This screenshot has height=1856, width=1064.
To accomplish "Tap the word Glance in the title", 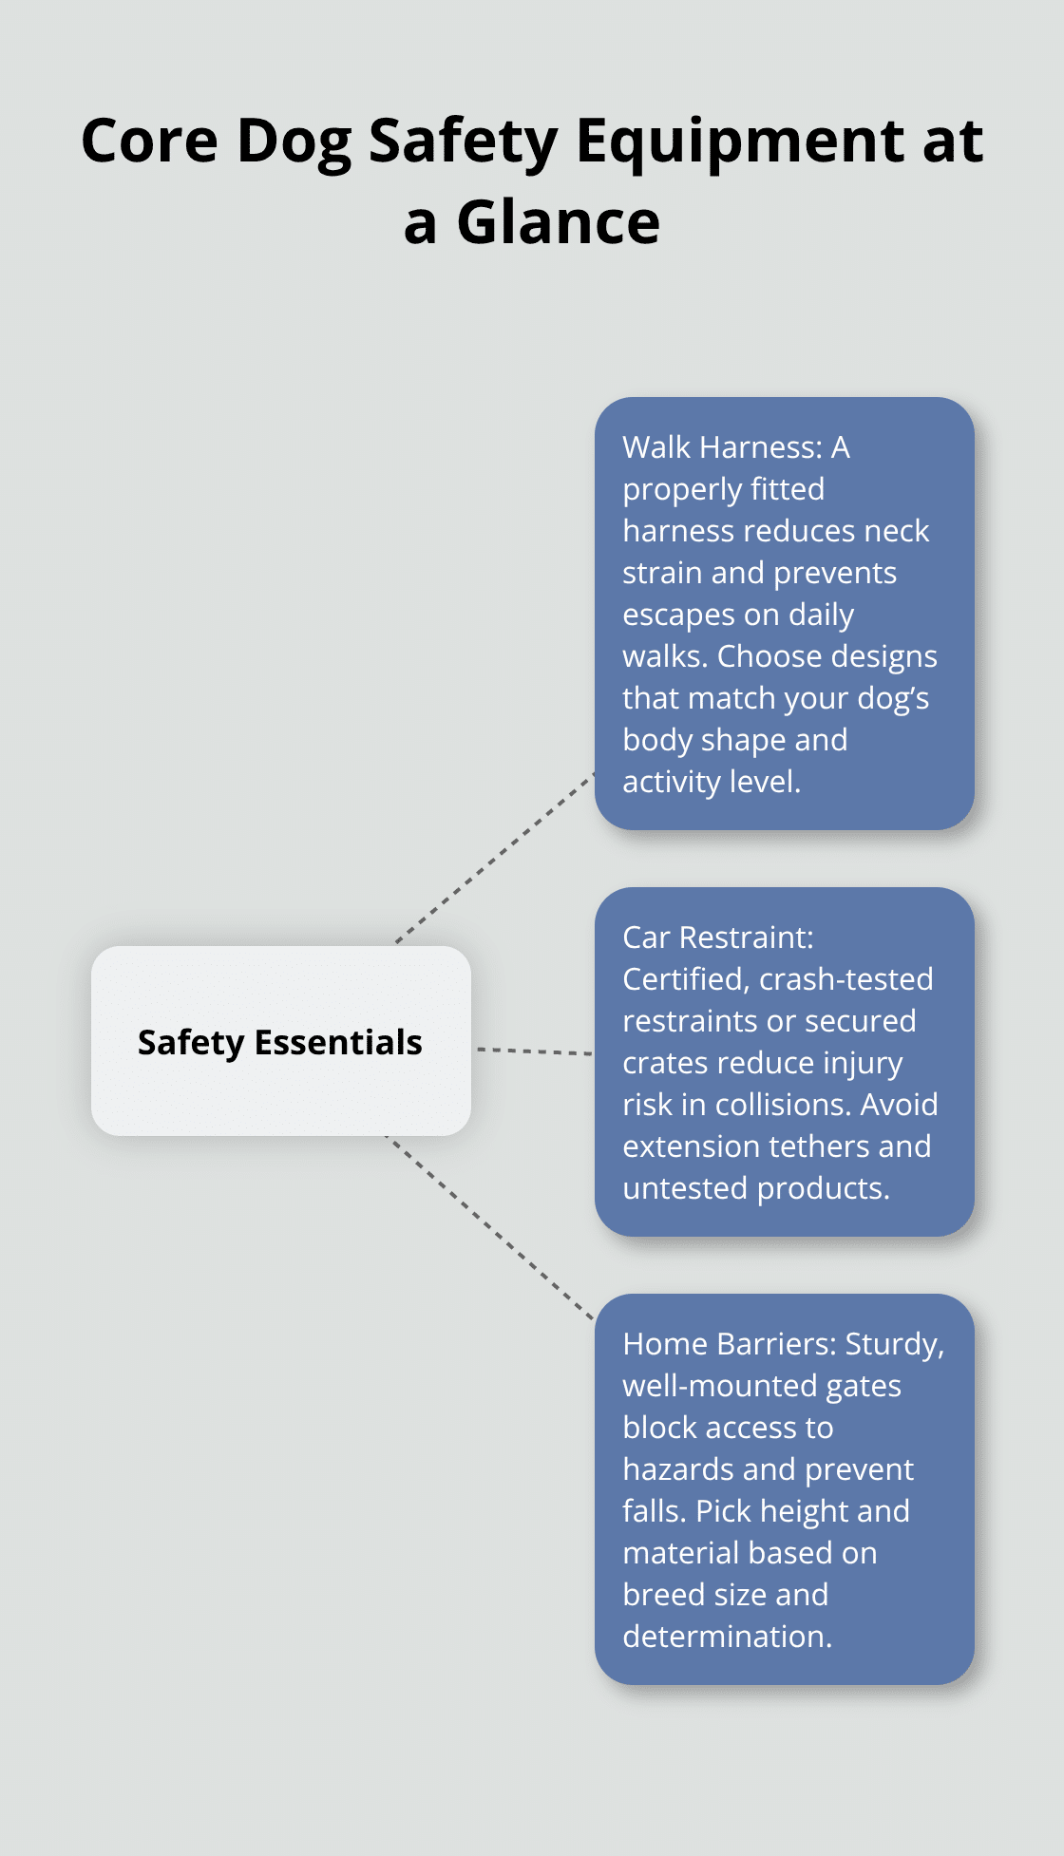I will (558, 223).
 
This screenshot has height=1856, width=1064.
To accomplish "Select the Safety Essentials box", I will (280, 1041).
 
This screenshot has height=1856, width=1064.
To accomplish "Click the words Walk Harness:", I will (722, 447).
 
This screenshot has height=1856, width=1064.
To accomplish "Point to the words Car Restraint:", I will (717, 937).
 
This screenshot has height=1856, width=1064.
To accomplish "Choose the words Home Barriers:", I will (729, 1344).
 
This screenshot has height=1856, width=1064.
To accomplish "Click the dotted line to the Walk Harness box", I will (495, 859).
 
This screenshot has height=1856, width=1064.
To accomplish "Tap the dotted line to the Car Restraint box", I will (534, 1051).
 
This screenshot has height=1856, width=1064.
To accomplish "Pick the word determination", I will (726, 1637).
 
